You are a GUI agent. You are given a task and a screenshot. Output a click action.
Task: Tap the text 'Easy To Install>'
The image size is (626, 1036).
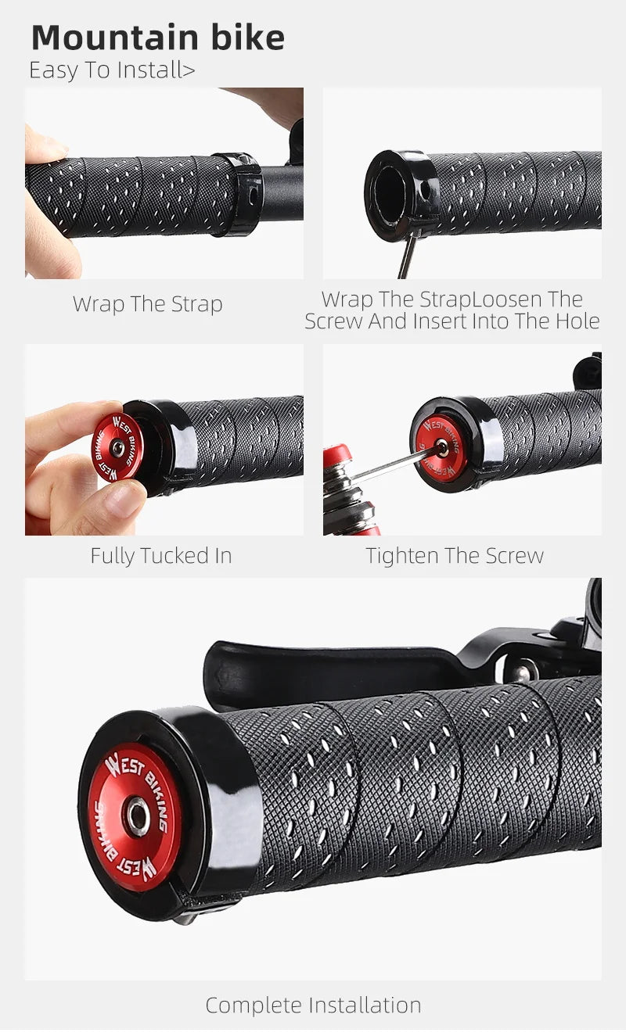[112, 70]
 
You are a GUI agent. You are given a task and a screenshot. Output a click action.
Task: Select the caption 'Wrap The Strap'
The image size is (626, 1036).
[148, 304]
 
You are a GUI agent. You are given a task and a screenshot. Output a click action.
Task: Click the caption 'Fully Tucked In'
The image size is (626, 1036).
[161, 555]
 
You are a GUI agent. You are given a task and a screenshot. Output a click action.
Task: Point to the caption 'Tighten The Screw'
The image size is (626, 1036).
[455, 555]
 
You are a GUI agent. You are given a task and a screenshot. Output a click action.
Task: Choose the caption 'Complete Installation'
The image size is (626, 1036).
[314, 1006]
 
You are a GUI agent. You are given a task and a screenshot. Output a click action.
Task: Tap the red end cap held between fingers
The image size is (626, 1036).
[117, 448]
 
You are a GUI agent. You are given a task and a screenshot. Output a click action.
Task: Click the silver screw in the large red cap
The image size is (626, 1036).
[138, 816]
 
